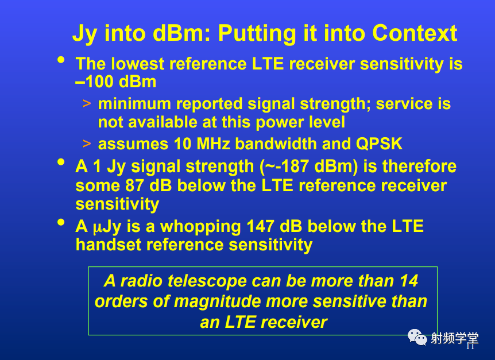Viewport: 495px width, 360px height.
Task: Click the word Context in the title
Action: [415, 33]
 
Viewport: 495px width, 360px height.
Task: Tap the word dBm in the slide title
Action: [179, 33]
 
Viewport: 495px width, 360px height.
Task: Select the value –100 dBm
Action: [116, 82]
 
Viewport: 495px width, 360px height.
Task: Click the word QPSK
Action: [379, 144]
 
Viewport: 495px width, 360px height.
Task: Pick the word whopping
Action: [200, 227]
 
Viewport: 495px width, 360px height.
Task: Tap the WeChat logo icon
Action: [417, 337]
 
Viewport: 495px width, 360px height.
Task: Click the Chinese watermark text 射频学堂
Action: [455, 339]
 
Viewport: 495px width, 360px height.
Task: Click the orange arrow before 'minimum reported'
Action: [87, 104]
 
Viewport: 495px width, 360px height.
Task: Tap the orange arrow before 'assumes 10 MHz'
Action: [87, 144]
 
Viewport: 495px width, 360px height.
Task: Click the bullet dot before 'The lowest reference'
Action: [61, 60]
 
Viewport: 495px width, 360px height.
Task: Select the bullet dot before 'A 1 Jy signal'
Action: [61, 162]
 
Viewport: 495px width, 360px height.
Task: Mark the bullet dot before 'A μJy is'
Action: [61, 222]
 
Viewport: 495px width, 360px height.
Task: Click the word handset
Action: [109, 245]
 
